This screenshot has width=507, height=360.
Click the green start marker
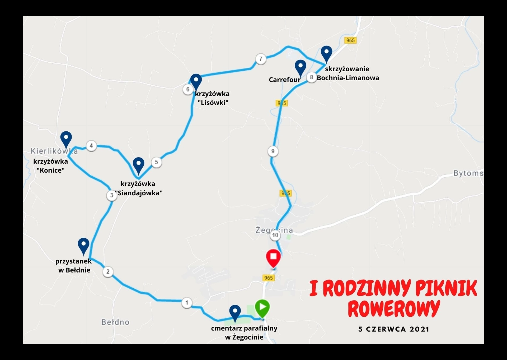point(262,307)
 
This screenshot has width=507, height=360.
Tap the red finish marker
point(273,257)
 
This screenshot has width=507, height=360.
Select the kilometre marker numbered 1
point(187,303)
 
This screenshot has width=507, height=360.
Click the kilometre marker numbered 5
point(156,162)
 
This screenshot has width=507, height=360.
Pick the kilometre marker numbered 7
point(261,59)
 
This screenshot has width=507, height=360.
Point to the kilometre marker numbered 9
point(273,151)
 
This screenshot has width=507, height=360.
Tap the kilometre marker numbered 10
point(275,235)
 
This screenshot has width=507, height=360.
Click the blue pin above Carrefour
point(300,67)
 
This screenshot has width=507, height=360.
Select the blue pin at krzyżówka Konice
point(66,139)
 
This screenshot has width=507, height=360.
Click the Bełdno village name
point(115,322)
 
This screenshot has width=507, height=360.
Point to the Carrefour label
point(284,80)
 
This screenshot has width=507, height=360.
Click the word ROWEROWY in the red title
point(393,308)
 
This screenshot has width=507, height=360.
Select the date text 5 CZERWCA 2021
point(394,329)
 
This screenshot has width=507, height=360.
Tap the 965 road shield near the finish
point(268,278)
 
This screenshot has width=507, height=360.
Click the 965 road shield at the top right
point(350,40)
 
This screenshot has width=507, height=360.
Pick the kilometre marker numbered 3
point(112,196)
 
